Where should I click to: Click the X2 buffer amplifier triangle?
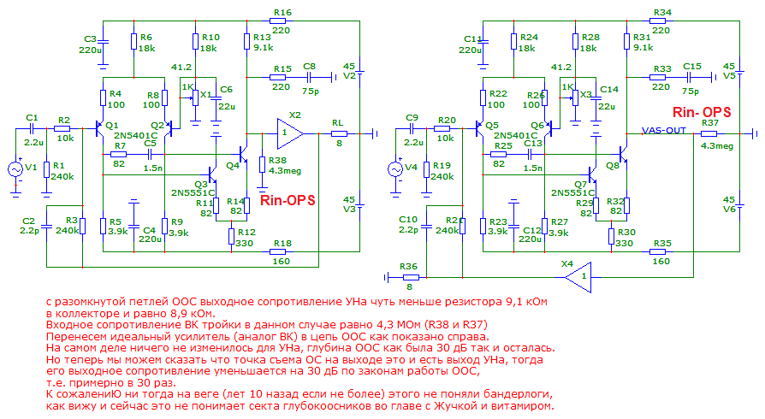coord(289,133)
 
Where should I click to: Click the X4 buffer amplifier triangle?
coord(578,276)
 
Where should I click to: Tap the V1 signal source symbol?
coord(15,169)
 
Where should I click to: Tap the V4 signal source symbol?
coord(396,169)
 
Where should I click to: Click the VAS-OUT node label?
coord(664,130)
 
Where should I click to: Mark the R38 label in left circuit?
coord(277,160)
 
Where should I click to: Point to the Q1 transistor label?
coord(111,125)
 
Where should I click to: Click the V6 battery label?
coord(729,209)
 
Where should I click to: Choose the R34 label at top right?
coord(661,12)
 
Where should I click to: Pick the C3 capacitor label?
coord(91,39)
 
